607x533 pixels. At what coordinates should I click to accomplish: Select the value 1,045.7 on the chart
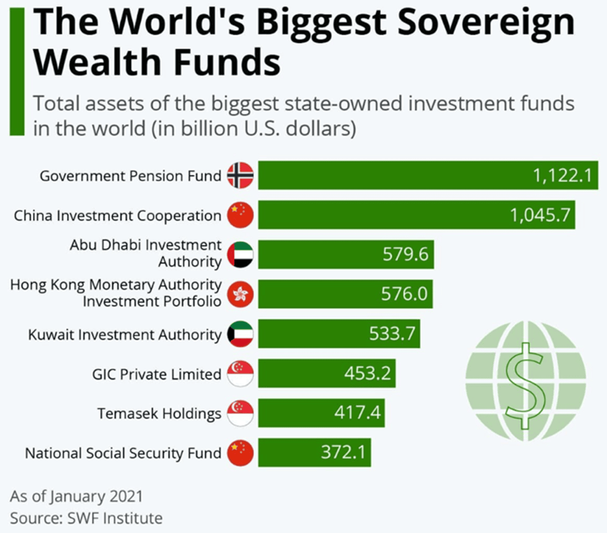point(540,215)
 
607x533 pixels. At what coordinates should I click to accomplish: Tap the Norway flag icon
point(240,175)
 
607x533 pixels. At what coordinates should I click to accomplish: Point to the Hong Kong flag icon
point(240,294)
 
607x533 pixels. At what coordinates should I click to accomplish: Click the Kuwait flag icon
point(240,334)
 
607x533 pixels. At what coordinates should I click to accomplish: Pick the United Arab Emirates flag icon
point(240,254)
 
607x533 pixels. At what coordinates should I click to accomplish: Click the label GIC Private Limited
point(157,374)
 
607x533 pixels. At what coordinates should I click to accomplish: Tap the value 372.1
point(343,452)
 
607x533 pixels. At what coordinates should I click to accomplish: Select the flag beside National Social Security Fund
point(240,453)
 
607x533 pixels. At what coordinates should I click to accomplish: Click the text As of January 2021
point(76,496)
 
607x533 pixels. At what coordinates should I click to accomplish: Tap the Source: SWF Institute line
point(86,518)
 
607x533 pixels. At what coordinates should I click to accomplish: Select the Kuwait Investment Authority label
point(125,335)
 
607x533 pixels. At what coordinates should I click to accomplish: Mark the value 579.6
point(405,254)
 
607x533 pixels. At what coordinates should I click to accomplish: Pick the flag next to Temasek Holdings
point(240,413)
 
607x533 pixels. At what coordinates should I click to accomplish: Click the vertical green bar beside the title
point(17,72)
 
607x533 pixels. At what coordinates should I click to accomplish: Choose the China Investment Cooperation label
point(118,216)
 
